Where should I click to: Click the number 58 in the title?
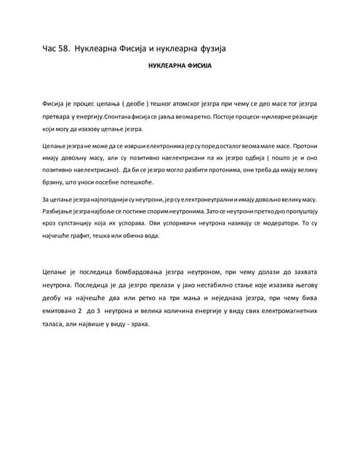pos(64,49)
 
